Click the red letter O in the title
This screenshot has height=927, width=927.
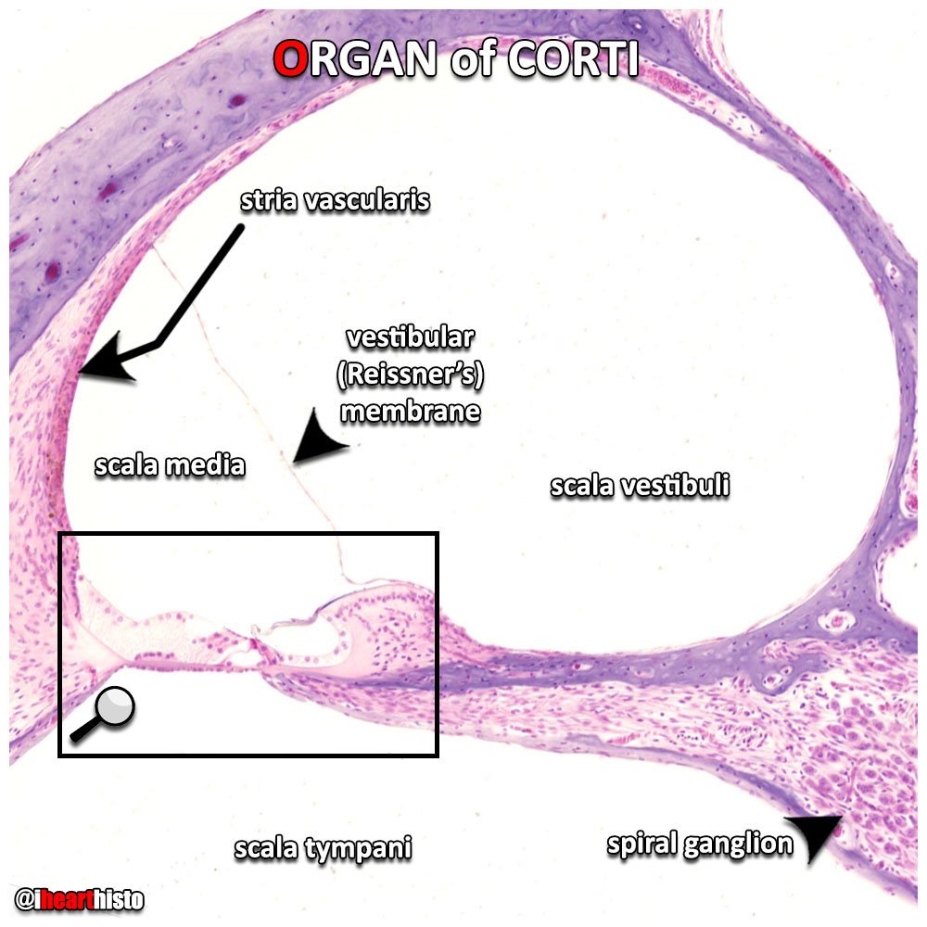290,60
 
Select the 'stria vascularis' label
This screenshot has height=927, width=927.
335,200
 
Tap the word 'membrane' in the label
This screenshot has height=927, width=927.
411,411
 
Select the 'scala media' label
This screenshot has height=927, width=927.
170,464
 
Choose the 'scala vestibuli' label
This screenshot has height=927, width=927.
640,486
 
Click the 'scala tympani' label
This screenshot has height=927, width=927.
323,847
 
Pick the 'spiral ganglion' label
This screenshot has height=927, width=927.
700,844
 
